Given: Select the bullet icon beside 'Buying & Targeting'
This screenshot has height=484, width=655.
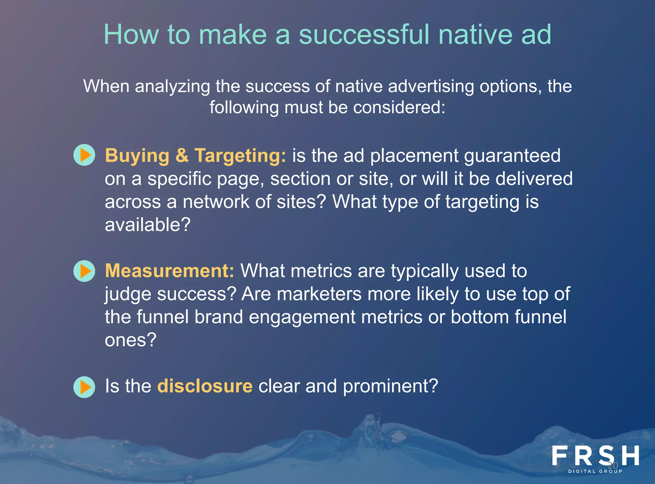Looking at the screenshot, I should tap(84, 155).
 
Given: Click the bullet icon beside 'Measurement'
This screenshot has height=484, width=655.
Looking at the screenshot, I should tap(84, 271).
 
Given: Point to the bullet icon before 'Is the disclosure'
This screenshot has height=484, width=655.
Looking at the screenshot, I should tap(84, 387).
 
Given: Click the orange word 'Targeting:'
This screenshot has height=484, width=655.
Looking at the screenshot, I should tap(240, 156).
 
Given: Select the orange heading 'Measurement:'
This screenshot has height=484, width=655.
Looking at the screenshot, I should tap(170, 271).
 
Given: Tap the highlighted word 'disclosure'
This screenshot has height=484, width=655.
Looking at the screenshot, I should tap(205, 386).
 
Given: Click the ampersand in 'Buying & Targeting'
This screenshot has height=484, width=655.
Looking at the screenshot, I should tap(182, 156).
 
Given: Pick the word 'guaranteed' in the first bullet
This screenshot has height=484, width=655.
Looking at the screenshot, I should tap(512, 156).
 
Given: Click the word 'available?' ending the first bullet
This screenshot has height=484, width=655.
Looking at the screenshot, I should tap(147, 225).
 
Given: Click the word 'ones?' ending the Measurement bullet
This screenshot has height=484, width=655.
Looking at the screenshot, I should tap(130, 340).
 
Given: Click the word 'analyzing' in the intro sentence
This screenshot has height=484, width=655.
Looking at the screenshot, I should tap(172, 87).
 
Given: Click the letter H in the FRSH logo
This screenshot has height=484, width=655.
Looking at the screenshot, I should tap(630, 456).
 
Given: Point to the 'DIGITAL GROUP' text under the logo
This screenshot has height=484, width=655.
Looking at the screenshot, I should tap(595, 471).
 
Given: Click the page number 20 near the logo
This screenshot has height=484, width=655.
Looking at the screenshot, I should tap(613, 465).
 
